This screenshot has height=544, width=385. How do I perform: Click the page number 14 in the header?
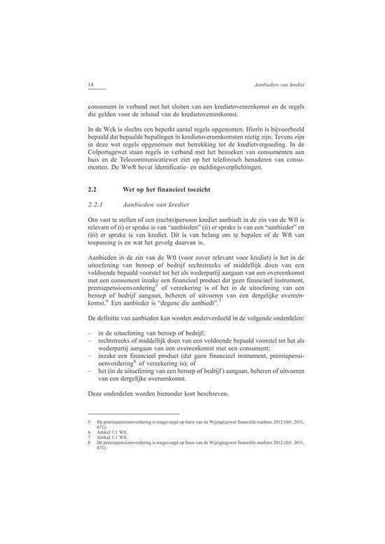pyautogui.click(x=91, y=84)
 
